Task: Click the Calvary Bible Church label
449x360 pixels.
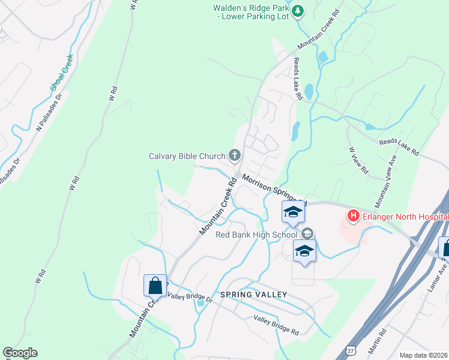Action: pos(186,157)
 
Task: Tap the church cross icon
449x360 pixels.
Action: pos(234,156)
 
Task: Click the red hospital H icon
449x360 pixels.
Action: pos(354,215)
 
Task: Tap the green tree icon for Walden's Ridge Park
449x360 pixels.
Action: pos(298,10)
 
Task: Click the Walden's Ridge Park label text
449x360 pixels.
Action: pos(252,12)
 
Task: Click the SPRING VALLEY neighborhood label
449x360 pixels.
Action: pos(253,295)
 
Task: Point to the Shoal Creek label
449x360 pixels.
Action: pos(61,73)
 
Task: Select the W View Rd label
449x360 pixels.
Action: pos(357,160)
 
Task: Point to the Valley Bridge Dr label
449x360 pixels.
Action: pos(190,296)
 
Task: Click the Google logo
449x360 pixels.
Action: pos(20,353)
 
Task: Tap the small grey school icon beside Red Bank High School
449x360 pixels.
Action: pos(308,234)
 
